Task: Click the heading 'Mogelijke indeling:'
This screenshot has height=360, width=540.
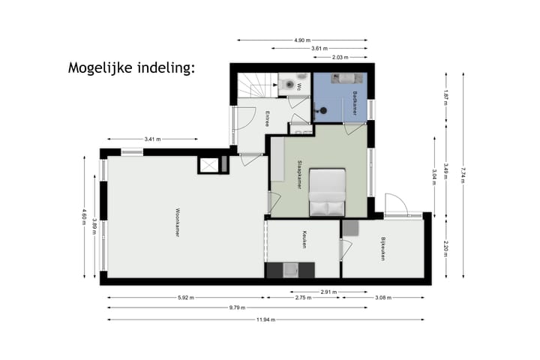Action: click(x=131, y=68)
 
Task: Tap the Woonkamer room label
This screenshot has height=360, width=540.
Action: click(x=177, y=222)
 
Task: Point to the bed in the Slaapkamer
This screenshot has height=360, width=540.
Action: click(x=328, y=192)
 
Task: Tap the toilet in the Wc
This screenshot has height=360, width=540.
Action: click(x=290, y=85)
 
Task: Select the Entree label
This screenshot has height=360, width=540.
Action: click(x=267, y=118)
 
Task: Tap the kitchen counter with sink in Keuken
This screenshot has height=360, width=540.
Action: click(x=291, y=269)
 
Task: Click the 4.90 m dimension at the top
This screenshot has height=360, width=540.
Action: click(x=301, y=40)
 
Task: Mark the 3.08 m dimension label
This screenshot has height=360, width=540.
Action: click(x=382, y=298)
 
